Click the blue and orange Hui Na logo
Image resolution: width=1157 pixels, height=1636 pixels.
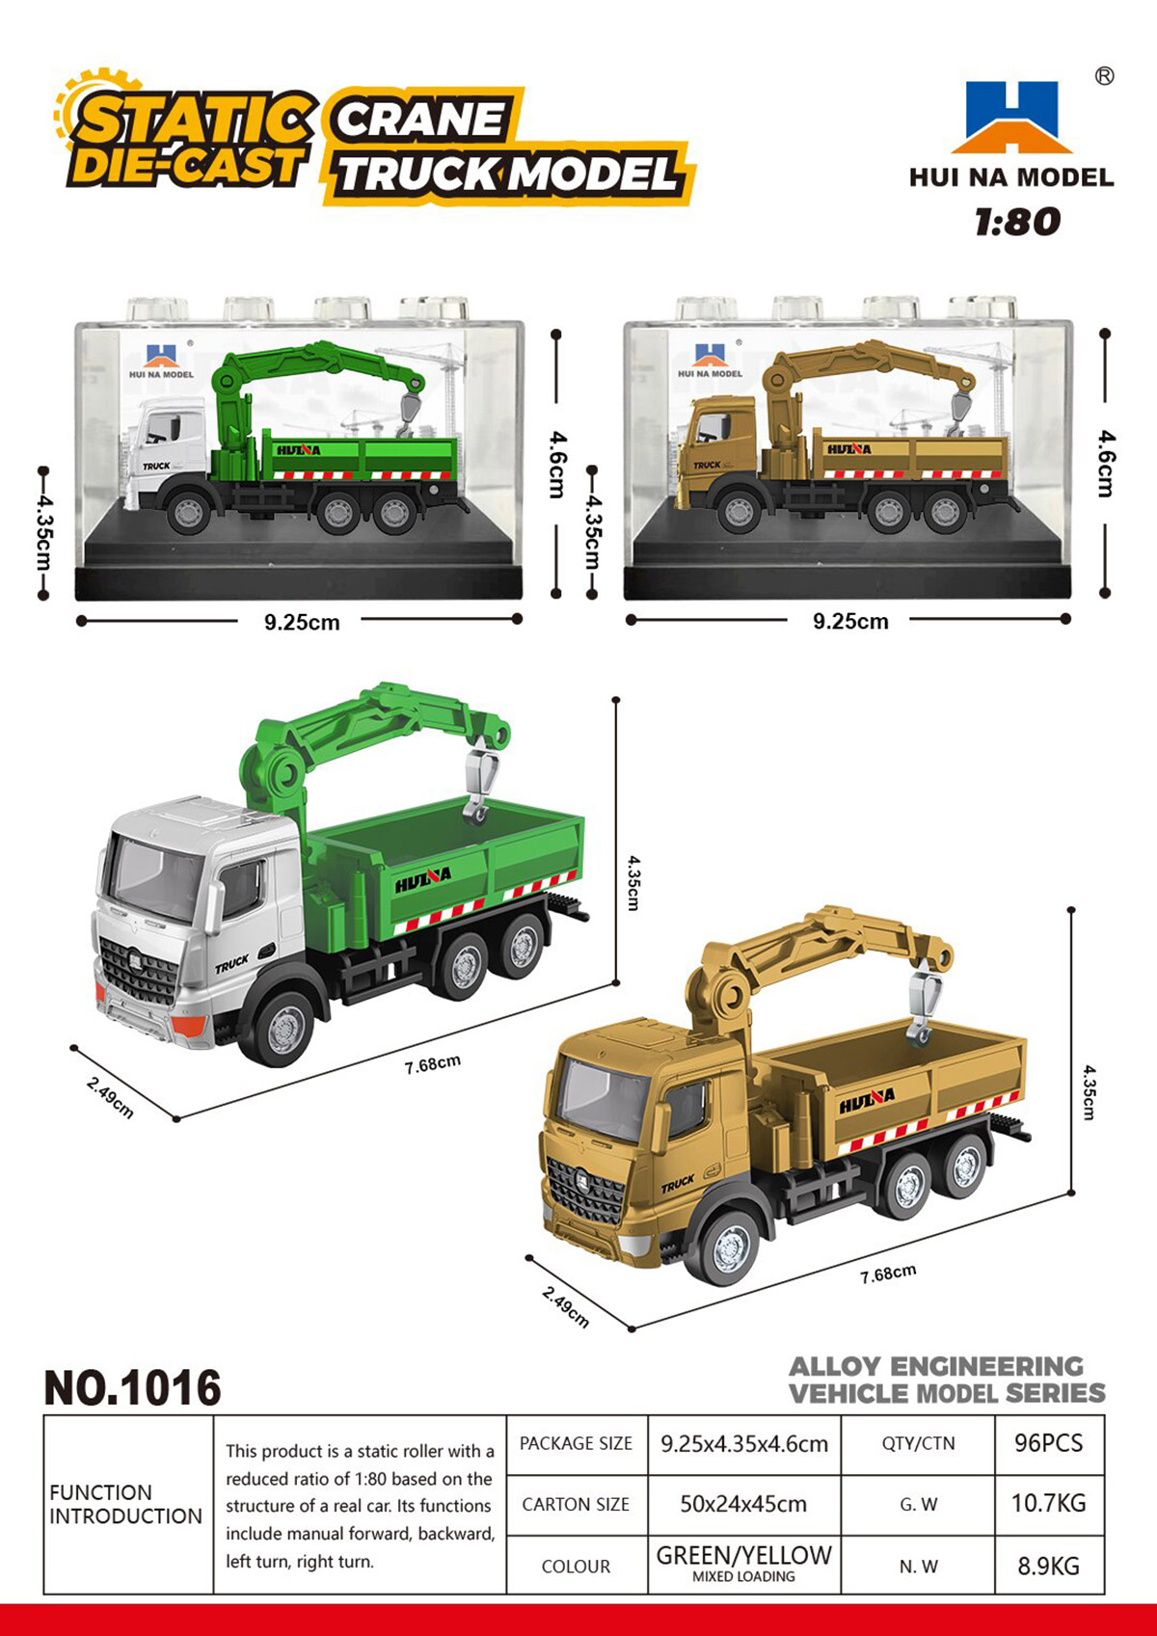[1010, 117]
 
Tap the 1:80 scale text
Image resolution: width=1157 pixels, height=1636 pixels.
[1017, 222]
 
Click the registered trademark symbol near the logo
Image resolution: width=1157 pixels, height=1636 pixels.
[1104, 76]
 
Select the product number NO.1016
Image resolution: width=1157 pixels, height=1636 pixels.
[132, 1388]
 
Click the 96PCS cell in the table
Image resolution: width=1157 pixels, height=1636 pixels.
[1048, 1443]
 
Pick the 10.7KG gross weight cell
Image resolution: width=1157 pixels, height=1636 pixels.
[1048, 1503]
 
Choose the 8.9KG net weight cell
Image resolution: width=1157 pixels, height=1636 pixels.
[1048, 1566]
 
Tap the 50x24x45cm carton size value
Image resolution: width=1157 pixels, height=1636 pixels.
[743, 1504]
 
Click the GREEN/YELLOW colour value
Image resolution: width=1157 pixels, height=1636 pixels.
[743, 1556]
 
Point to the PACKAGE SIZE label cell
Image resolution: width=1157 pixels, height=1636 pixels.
[576, 1444]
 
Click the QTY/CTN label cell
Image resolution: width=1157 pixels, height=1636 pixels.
[918, 1444]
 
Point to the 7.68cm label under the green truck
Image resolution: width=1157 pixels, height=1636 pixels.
[433, 1063]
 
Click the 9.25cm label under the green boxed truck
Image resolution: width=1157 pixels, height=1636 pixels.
[302, 622]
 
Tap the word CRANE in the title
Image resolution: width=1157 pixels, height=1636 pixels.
[420, 121]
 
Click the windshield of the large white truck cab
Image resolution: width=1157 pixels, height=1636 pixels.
[155, 877]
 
